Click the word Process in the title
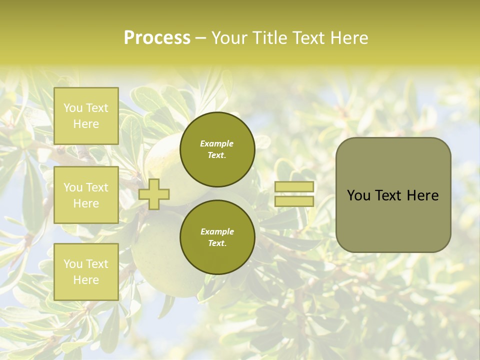pos(157,38)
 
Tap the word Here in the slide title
pos(348,38)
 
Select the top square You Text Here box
pos(86,116)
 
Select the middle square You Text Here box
pos(86,195)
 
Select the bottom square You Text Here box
pos(86,271)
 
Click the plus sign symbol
pos(154,194)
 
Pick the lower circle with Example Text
pos(217,237)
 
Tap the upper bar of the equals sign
pos(294,186)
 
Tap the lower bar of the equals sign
pos(294,201)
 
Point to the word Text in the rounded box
pos(391,195)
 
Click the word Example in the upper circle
pos(217,143)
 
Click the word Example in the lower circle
pos(217,231)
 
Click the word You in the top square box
pos(73,108)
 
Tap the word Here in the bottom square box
pos(86,279)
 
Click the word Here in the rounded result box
pos(423,195)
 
